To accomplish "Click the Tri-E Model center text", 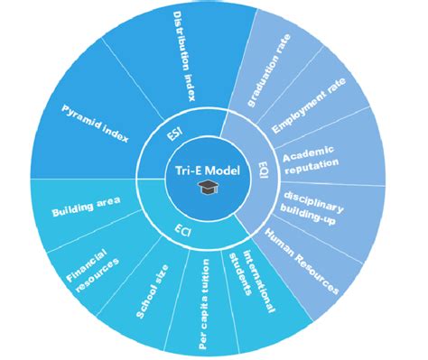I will click(x=209, y=171).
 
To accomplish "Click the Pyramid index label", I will click(x=95, y=124).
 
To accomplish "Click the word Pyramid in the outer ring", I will click(x=81, y=117).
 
